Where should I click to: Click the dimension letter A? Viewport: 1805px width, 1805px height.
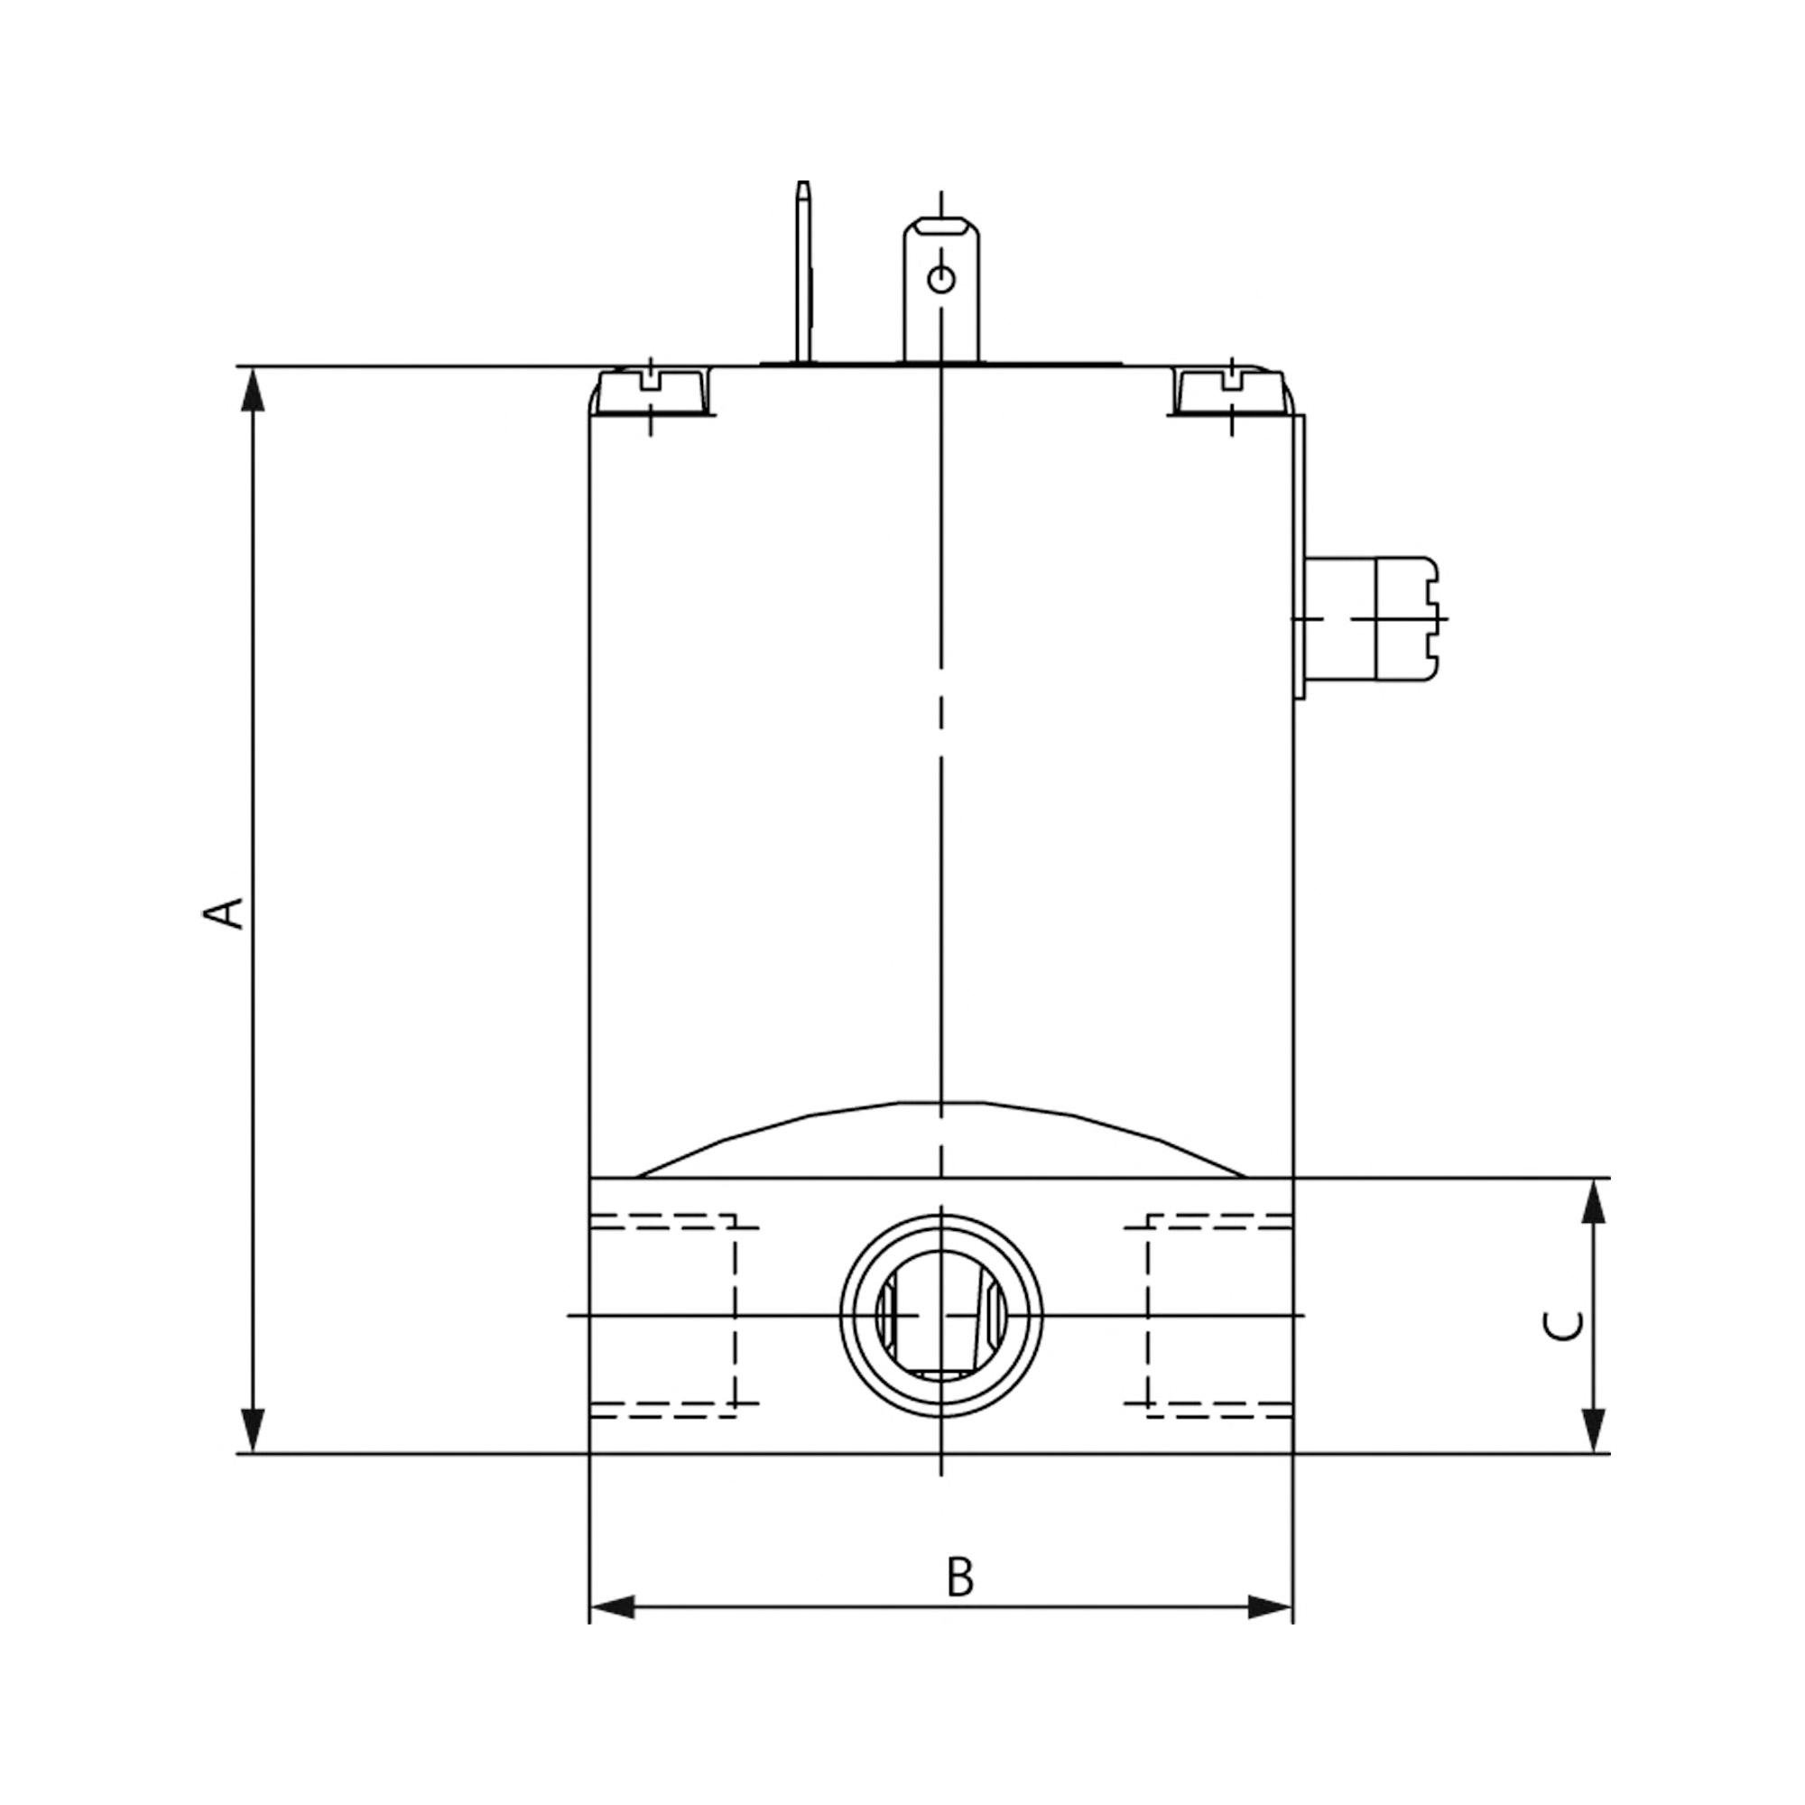tap(224, 913)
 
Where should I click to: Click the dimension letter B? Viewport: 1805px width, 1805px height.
tap(959, 1576)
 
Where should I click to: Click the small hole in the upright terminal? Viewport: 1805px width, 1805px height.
tap(940, 278)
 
